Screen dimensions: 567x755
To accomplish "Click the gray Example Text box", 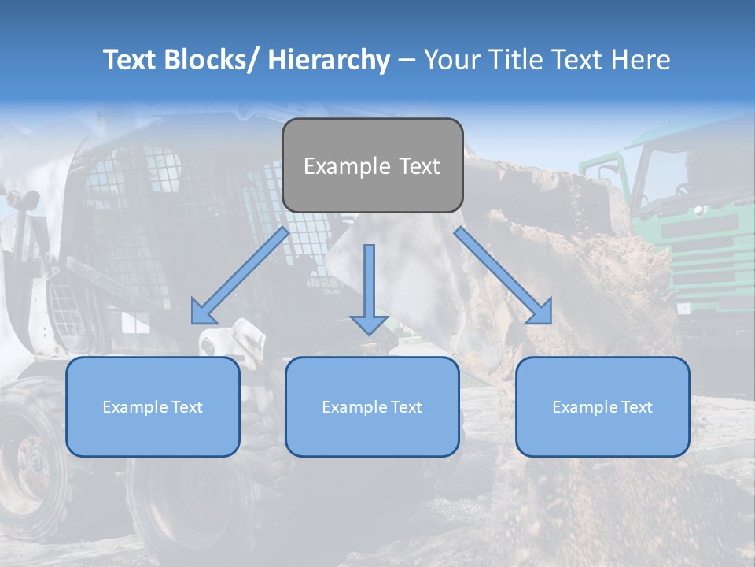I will pos(372,165).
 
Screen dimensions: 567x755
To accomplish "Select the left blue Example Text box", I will pos(153,406).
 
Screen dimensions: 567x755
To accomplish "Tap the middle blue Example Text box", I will pos(372,406).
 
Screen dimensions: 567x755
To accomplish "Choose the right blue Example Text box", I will pos(602,406).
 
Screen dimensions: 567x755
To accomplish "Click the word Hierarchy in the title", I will pos(329,60).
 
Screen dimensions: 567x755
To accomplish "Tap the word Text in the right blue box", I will pos(635,407).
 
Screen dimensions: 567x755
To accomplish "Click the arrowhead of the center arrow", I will pos(369,324).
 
